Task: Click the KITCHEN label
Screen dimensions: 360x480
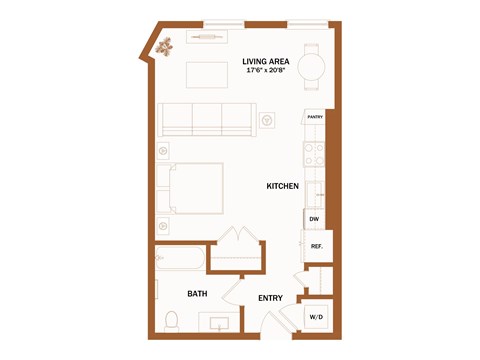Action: tap(283, 186)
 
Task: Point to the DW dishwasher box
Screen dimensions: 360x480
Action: tap(314, 219)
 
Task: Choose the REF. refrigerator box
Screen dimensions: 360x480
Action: tap(316, 246)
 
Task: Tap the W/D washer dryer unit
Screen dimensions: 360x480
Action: tap(316, 317)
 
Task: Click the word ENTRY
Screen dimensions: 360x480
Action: tap(270, 298)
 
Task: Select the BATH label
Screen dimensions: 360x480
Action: tap(198, 293)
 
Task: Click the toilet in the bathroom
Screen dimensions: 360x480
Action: tap(171, 321)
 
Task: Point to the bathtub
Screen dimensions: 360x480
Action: tap(180, 259)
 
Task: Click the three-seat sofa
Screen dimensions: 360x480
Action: tap(207, 119)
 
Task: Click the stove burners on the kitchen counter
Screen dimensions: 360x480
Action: tap(314, 154)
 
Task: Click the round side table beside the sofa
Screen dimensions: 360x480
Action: tap(268, 121)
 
